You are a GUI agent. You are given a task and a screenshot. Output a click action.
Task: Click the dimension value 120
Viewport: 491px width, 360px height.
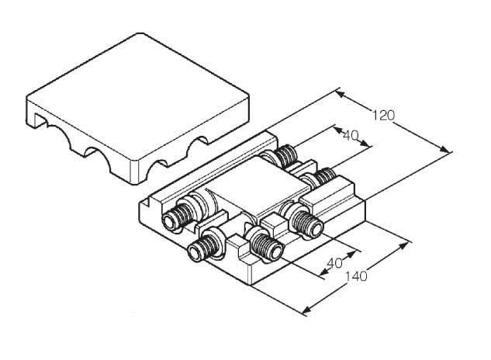pyautogui.click(x=383, y=116)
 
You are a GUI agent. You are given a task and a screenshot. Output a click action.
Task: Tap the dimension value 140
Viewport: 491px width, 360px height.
pyautogui.click(x=356, y=276)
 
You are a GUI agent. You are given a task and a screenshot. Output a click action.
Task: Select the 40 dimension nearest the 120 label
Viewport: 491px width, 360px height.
pyautogui.click(x=351, y=136)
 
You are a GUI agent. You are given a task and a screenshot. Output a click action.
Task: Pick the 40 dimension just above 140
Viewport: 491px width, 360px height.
pyautogui.click(x=334, y=263)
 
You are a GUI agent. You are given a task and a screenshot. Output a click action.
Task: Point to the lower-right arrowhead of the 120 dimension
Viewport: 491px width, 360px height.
pyautogui.click(x=446, y=150)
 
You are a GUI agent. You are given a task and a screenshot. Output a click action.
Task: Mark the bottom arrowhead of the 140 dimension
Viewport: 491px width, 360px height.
pyautogui.click(x=307, y=310)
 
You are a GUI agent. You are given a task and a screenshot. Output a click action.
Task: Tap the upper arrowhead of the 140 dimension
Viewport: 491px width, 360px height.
pyautogui.click(x=404, y=245)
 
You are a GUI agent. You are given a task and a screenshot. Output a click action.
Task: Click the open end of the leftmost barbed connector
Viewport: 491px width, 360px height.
pyautogui.click(x=169, y=222)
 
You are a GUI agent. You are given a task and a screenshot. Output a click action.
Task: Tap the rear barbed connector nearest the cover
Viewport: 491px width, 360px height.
pyautogui.click(x=283, y=157)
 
